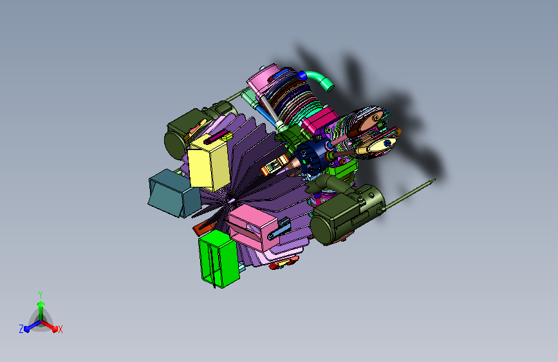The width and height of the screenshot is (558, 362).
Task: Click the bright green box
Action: click(219, 258)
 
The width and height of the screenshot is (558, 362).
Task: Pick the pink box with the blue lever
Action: click(254, 227)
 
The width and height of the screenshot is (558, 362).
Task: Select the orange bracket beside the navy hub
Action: click(274, 165)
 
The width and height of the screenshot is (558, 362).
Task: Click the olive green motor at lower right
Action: click(347, 214)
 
